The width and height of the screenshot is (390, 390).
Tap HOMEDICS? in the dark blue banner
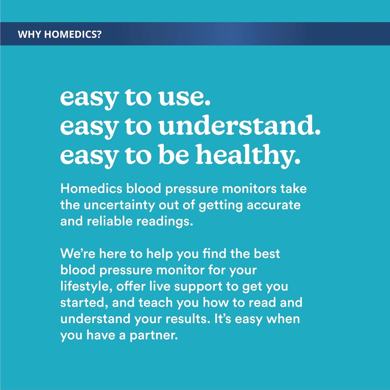[x=73, y=34]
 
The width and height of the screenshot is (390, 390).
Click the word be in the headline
[x=174, y=155]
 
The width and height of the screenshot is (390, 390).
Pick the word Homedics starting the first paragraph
[x=91, y=188]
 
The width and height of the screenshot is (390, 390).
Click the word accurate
[x=274, y=205]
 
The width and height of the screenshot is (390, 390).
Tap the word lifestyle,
[x=86, y=287]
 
